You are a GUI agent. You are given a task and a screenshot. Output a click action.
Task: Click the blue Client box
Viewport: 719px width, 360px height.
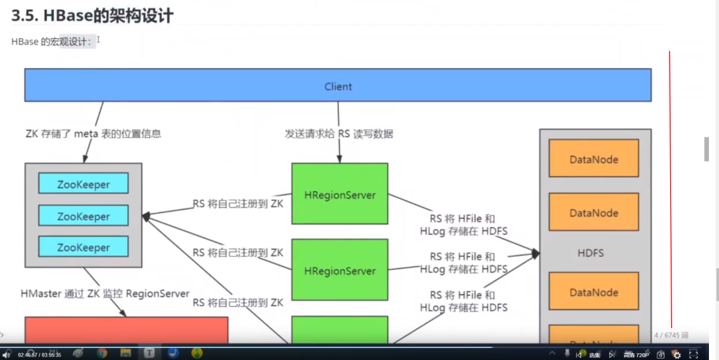click(x=338, y=86)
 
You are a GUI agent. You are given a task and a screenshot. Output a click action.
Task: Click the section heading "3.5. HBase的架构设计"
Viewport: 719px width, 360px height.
click(x=92, y=16)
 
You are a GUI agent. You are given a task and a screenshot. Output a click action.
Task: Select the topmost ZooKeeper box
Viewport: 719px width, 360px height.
click(x=83, y=184)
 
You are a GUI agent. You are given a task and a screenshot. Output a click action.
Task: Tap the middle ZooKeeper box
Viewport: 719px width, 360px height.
click(x=83, y=216)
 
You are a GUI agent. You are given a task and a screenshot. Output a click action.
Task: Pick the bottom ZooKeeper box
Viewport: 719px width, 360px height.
click(x=83, y=247)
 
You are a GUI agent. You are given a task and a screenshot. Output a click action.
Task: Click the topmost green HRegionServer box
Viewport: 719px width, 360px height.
click(x=340, y=194)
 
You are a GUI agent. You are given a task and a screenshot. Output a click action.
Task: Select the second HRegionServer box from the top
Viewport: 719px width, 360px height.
click(x=340, y=270)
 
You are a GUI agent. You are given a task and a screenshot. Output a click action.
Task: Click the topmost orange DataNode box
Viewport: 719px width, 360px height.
click(x=594, y=159)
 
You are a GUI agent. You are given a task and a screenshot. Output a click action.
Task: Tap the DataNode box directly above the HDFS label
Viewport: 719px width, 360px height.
click(x=594, y=212)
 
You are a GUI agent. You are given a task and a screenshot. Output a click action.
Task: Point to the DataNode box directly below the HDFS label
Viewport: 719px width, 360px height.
click(x=594, y=292)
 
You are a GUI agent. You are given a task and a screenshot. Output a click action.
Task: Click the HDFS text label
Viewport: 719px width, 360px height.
click(x=591, y=253)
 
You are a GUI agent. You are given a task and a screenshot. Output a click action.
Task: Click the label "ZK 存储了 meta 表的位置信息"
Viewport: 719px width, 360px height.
click(x=93, y=134)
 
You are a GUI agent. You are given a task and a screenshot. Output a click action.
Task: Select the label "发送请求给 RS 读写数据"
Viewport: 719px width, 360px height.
click(x=339, y=134)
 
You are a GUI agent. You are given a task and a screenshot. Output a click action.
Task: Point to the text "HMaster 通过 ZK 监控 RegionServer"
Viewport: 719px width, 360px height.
click(x=105, y=293)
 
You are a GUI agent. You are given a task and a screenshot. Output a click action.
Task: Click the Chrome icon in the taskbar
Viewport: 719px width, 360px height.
click(x=102, y=353)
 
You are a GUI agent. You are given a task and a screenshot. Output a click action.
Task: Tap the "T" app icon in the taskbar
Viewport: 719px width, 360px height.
click(x=149, y=353)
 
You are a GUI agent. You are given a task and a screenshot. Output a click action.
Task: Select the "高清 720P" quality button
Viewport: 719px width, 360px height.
click(x=636, y=355)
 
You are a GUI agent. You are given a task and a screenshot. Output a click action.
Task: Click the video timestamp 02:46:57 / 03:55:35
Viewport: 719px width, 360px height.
click(x=39, y=355)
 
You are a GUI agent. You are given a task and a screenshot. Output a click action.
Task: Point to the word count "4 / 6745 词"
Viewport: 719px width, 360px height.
click(x=671, y=335)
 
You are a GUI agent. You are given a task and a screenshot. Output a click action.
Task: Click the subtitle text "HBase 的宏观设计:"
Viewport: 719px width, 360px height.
click(x=51, y=42)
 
